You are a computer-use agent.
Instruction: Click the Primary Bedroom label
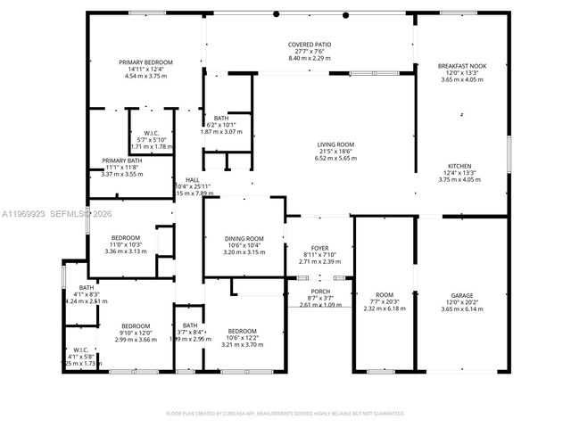coord(146,62)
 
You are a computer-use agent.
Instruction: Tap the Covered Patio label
coord(310,45)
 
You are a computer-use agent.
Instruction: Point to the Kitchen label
coord(459,166)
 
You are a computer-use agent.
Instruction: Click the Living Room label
coord(335,144)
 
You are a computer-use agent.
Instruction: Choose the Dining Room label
coord(244,238)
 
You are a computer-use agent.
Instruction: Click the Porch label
coord(320,292)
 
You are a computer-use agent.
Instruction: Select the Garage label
coord(460,295)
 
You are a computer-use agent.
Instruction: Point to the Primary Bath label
coord(122,160)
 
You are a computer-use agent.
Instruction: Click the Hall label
coord(192,179)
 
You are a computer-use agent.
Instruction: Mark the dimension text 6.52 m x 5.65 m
coord(335,158)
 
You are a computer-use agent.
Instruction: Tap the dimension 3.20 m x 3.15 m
coord(244,251)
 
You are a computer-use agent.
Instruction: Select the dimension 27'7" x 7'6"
coord(310,51)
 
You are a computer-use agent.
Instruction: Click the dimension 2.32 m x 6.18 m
coord(384,309)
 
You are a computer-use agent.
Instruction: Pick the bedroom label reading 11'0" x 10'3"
coord(126,244)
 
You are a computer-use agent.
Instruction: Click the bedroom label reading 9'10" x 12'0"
coord(136,333)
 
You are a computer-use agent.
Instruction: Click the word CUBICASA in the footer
coord(233,414)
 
